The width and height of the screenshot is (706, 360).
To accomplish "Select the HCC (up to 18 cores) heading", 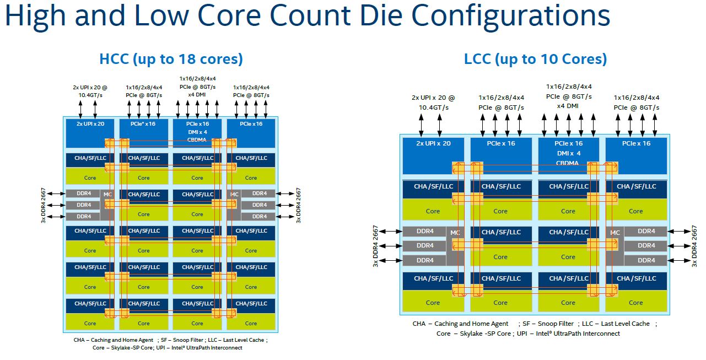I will [171, 59].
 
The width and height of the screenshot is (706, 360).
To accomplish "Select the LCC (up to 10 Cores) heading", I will [535, 59].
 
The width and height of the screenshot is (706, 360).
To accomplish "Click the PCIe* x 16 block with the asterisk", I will [143, 125].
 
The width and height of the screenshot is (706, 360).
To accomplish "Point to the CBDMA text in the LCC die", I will [568, 163].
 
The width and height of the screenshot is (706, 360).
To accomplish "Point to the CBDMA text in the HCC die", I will [197, 139].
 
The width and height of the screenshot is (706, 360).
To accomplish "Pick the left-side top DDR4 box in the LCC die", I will [425, 232].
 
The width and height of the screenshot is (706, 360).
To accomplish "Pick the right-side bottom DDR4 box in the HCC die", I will [260, 217].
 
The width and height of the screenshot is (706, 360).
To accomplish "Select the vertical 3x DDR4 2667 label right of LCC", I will [694, 246].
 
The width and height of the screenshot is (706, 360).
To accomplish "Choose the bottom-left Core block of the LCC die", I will [433, 302].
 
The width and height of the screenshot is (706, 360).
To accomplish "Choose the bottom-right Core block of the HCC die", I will [251, 323].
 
